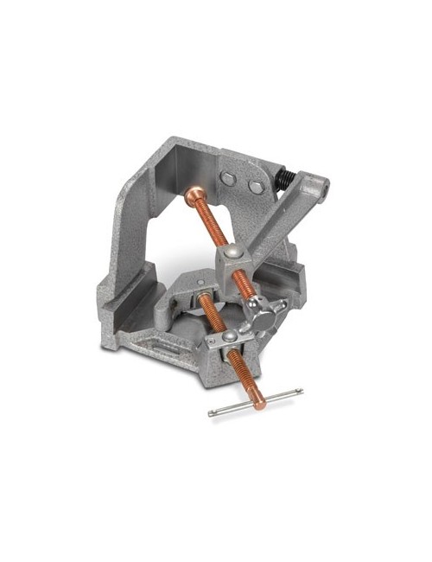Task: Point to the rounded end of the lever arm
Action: coord(317,185)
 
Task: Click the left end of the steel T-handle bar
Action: coord(212,413)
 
